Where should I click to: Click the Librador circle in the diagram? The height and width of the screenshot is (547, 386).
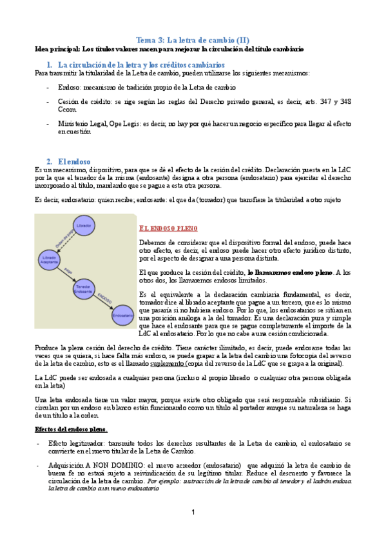(x=84, y=226)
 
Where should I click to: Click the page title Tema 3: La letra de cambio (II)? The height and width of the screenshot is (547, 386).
(x=193, y=40)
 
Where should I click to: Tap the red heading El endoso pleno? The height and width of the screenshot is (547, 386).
(x=168, y=228)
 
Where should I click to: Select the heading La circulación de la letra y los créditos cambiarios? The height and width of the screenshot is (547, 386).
(x=141, y=65)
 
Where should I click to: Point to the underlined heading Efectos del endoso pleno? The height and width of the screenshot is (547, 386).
(x=71, y=429)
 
